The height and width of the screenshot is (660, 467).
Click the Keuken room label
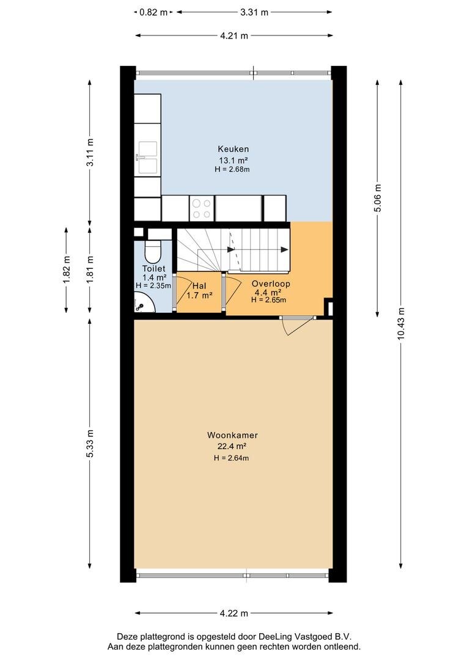tap(233, 149)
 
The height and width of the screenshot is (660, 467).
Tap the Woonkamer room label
tap(232, 435)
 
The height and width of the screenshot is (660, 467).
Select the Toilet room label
tap(153, 268)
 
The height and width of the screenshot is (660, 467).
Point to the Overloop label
tap(271, 284)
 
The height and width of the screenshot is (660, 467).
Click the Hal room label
tap(199, 286)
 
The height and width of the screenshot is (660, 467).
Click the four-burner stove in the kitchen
tap(201, 208)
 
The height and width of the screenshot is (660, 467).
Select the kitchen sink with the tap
tap(147, 158)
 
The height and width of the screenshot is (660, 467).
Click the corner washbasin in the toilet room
tap(144, 304)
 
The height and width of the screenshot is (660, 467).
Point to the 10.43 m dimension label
tap(401, 323)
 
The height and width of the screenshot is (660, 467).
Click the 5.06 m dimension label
tap(378, 198)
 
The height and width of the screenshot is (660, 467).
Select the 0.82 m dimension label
tap(153, 12)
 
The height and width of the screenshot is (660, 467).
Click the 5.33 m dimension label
tap(90, 444)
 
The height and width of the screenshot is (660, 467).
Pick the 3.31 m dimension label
tap(254, 12)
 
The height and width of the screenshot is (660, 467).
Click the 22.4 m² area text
tap(232, 447)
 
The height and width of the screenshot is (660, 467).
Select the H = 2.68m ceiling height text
tap(232, 169)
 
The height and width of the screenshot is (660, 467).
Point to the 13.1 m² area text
tap(233, 160)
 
